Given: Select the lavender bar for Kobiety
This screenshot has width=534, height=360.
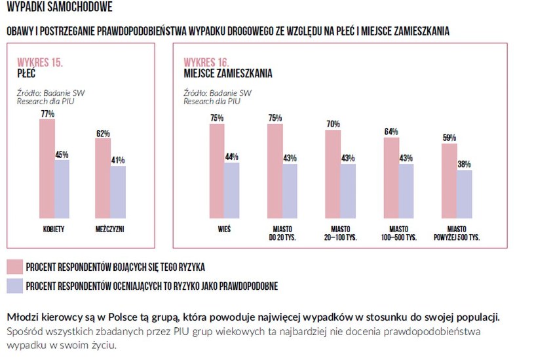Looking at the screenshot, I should tap(62, 189).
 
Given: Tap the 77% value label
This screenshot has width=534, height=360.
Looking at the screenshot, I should tap(47, 114).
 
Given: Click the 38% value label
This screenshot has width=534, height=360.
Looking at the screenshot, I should tap(464, 165).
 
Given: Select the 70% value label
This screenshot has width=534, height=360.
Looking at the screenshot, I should tap(333, 124).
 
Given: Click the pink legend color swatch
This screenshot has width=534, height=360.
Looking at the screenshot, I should tap(14, 266).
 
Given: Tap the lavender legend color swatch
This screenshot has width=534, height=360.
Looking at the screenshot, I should tap(14, 285).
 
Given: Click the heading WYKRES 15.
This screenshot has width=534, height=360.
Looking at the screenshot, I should tap(40, 62).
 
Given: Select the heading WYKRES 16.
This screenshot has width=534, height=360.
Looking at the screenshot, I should tap(206, 62).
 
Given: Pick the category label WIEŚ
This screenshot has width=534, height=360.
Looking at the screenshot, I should tap(224, 230).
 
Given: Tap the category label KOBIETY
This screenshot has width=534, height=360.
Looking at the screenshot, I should tap(54, 230).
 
